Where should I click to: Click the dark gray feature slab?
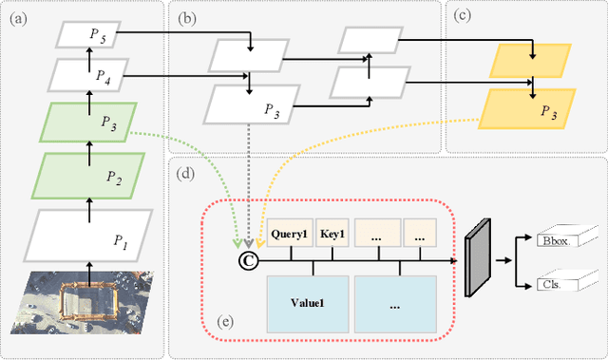point(478,257)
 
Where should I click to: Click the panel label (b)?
point(187,16)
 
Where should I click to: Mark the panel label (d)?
point(187,174)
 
